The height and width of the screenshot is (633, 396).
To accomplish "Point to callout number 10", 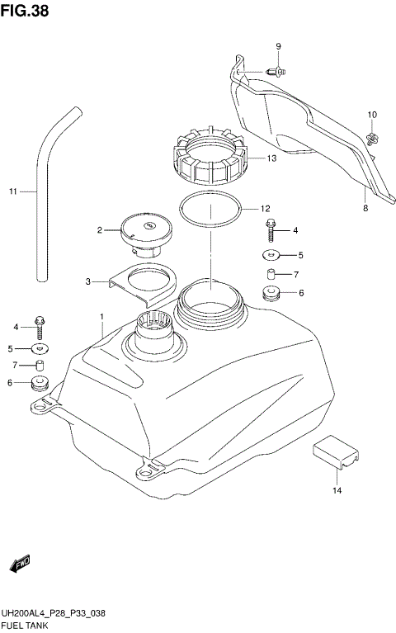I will [371, 114].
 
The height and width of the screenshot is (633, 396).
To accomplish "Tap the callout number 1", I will [101, 317].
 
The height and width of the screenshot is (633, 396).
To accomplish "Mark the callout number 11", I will [12, 192].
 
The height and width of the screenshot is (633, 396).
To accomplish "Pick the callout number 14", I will [337, 492].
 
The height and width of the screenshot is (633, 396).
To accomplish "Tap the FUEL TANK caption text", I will [27, 626].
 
